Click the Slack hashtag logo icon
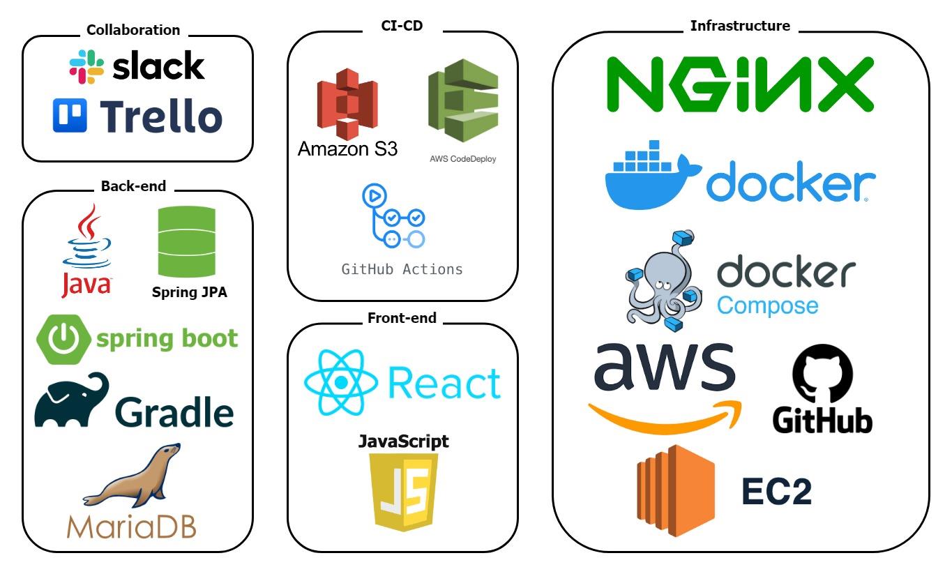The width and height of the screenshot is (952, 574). [87, 67]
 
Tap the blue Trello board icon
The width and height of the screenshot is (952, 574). [70, 115]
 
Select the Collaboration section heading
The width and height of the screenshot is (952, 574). [133, 30]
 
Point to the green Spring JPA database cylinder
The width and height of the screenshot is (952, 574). [186, 243]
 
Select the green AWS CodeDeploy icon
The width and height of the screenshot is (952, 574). [463, 100]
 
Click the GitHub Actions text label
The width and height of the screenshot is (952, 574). [402, 269]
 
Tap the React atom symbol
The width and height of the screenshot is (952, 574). [340, 383]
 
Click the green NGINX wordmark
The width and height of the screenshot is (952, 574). [739, 84]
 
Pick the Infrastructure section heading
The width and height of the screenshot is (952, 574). [740, 26]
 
